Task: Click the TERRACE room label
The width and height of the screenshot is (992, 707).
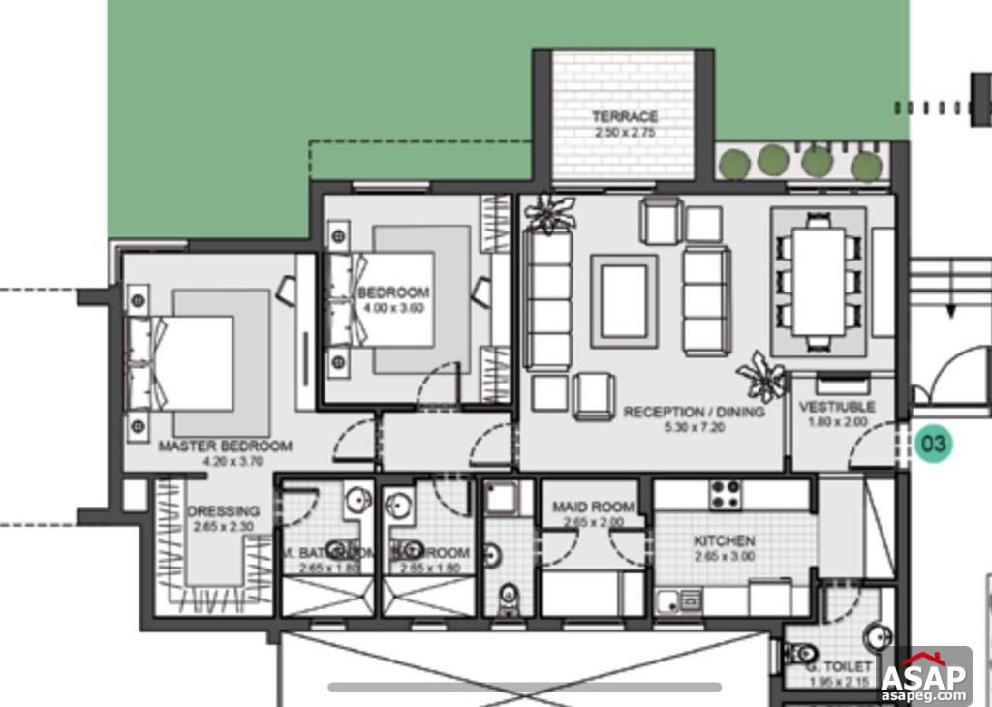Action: point(625,116)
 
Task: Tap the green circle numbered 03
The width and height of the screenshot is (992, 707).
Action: point(935,444)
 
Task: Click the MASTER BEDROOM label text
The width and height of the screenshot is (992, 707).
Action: point(225,446)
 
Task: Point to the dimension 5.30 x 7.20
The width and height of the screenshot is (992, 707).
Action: point(694,426)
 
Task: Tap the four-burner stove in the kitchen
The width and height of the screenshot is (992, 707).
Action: point(727,494)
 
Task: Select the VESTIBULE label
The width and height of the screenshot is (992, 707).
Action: point(836,407)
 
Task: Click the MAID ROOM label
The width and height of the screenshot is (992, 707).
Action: point(593,507)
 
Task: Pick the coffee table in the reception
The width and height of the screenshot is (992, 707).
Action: point(624,301)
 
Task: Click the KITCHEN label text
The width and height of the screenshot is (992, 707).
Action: point(724,540)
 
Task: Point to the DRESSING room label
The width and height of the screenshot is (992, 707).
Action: point(224,511)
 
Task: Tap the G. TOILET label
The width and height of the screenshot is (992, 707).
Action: point(838,669)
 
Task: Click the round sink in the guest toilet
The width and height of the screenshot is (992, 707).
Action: point(877,635)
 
